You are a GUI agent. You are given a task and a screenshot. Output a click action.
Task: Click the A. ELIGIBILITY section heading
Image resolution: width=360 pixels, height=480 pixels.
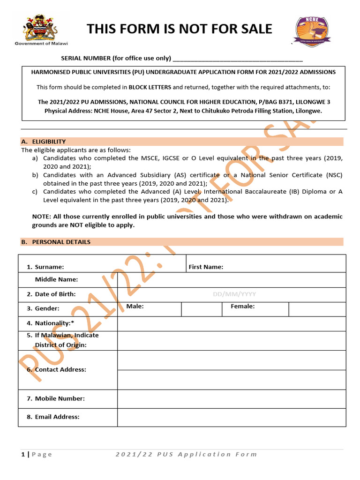click(49, 142)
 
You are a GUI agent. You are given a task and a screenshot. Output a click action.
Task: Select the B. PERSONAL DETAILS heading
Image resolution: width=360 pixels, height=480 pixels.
click(61, 242)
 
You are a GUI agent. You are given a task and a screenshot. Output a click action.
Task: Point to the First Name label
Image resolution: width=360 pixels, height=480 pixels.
click(206, 267)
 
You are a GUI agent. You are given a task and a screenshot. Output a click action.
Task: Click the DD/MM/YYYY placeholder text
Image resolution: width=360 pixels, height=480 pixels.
click(234, 294)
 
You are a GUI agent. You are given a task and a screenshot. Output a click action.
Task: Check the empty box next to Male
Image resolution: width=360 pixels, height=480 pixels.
click(201, 309)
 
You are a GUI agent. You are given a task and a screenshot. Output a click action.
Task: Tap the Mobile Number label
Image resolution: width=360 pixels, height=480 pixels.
click(60, 398)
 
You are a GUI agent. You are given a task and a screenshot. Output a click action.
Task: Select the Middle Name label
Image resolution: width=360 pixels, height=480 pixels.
click(56, 279)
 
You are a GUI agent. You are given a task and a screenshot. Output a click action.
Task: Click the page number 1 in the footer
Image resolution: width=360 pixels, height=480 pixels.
click(23, 454)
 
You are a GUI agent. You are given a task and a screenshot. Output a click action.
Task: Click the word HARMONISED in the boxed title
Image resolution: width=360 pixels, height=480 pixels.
click(54, 72)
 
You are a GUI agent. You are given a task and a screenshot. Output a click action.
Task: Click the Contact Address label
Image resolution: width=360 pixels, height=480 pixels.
click(60, 369)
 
